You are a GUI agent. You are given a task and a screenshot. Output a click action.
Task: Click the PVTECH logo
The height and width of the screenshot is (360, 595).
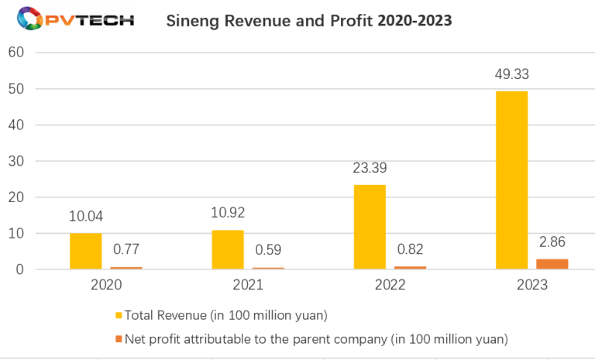pyautogui.click(x=68, y=20)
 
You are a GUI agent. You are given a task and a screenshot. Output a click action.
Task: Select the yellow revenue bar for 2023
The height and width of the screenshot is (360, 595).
pyautogui.click(x=512, y=180)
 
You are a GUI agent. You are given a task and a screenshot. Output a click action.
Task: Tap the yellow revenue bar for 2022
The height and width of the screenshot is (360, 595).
pyautogui.click(x=370, y=227)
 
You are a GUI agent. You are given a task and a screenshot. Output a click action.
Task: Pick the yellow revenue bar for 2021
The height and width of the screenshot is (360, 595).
pyautogui.click(x=228, y=249)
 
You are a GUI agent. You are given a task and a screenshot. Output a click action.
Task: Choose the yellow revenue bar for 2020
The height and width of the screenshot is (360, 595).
pyautogui.click(x=85, y=251)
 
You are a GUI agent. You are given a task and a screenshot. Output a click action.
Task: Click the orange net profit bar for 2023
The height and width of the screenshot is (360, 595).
pyautogui.click(x=552, y=264)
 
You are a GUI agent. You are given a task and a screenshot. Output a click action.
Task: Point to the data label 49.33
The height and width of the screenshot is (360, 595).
pyautogui.click(x=512, y=75)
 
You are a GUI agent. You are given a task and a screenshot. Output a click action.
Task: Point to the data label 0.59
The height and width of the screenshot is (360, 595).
pyautogui.click(x=267, y=251)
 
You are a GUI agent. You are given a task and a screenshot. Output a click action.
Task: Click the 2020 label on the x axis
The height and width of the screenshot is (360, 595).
pyautogui.click(x=105, y=285)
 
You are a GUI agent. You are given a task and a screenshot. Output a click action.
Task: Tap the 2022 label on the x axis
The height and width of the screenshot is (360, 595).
pyautogui.click(x=390, y=285)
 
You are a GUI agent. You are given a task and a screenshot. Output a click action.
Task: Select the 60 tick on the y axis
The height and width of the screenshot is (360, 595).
pyautogui.click(x=16, y=53)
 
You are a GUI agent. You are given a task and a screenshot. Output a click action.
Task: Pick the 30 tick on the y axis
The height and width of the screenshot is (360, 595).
pyautogui.click(x=16, y=161)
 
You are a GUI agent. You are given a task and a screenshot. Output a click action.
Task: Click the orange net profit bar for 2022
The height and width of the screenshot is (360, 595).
pyautogui.click(x=409, y=267)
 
